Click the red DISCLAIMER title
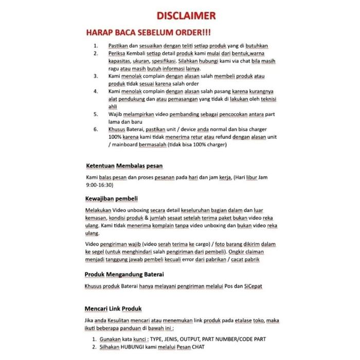coord(179,15)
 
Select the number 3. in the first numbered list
coord(96,76)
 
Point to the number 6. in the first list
coord(96,129)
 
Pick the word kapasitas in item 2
coord(122,61)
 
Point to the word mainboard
coord(124,145)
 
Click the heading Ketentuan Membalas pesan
coord(124,166)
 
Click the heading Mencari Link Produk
coord(113,309)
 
